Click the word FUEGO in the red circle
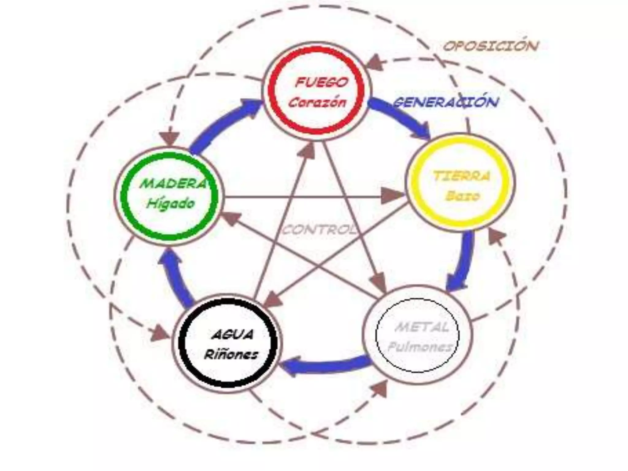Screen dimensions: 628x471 coord(322,82)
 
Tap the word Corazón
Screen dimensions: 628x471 coord(317,103)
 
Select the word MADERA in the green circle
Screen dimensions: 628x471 coord(173,184)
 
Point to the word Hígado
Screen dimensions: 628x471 coord(170,203)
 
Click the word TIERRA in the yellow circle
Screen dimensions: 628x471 coord(461,177)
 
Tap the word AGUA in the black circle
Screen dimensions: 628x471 coord(232,335)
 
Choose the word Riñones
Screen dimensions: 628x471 coord(231,355)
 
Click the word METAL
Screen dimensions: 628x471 coord(422,327)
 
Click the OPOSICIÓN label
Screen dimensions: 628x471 coord(490,46)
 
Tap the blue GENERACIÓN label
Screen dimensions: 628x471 coord(445,102)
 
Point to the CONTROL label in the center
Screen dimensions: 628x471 coord(319,230)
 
